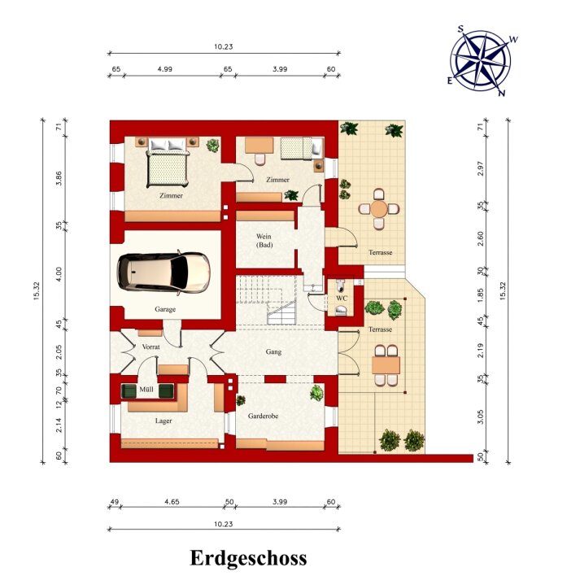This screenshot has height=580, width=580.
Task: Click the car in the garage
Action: (164, 273)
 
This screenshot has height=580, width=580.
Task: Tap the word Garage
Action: (165, 309)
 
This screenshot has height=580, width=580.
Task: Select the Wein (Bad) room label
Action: (264, 241)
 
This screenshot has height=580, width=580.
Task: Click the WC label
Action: (342, 299)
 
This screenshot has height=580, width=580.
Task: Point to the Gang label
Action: (273, 351)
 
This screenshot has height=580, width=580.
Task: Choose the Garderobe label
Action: (263, 416)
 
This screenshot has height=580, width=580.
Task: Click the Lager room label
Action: (164, 421)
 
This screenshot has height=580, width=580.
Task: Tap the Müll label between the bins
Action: (146, 389)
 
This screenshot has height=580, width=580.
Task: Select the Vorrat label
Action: (151, 347)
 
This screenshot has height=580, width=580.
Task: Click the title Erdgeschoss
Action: (248, 558)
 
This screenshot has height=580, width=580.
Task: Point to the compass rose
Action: (481, 60)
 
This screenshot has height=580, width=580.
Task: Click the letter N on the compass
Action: (502, 94)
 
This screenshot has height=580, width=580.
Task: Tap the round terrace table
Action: (379, 209)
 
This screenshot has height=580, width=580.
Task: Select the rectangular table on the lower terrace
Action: (386, 365)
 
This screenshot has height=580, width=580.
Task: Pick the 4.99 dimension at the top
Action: (164, 69)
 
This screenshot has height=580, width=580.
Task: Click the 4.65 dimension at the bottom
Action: (172, 502)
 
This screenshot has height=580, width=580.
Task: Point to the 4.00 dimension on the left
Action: (59, 274)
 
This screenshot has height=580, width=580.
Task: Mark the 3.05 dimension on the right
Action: (480, 416)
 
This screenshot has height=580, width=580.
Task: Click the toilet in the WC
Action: (341, 286)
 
